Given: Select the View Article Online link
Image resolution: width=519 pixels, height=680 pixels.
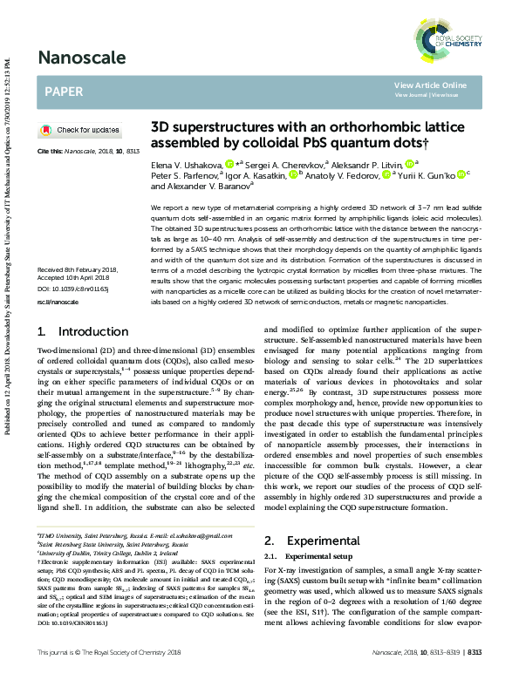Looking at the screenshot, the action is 430,85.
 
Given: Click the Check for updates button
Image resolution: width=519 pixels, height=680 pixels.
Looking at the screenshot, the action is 82,130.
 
